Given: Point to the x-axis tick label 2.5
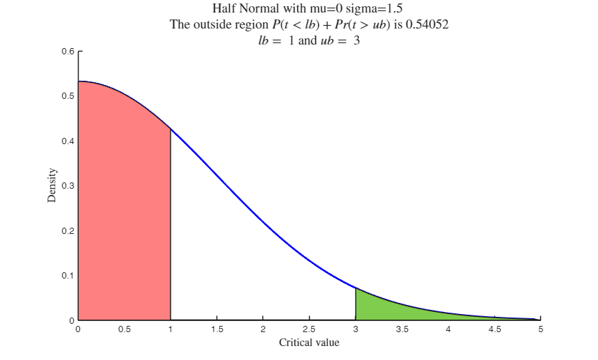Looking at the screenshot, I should click(309, 329).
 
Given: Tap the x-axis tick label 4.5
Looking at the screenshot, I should click(494, 329).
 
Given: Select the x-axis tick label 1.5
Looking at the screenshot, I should click(217, 329).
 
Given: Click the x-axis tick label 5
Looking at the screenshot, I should click(540, 329).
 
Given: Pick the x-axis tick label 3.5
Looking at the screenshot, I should click(402, 329).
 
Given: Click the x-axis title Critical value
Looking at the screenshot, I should click(309, 343).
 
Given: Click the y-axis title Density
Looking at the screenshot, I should click(52, 186).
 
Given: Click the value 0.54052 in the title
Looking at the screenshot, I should click(427, 25).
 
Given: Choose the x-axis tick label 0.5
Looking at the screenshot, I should click(124, 329).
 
